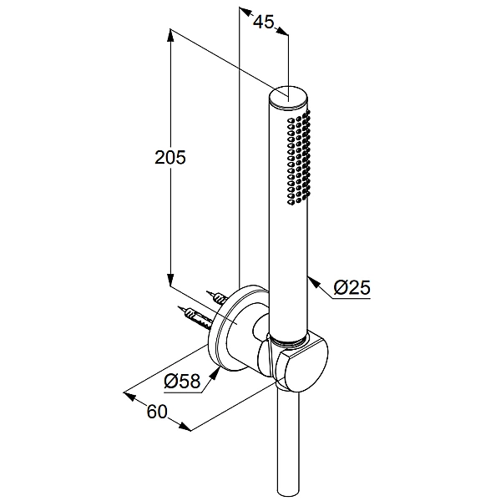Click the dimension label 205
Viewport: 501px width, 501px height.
170,157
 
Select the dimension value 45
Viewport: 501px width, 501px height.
264,22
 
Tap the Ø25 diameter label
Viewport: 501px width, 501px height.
352,287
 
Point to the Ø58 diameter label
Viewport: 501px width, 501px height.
182,381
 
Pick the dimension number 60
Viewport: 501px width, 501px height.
157,412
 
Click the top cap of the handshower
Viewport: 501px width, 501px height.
289,96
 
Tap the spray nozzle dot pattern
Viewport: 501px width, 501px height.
299,157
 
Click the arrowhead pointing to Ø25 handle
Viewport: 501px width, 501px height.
314,283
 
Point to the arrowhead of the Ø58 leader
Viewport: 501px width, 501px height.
215,373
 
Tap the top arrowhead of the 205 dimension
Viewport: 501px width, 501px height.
170,36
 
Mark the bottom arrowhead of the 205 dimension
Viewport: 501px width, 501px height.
170,279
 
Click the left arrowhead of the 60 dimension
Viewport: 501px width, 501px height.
129,396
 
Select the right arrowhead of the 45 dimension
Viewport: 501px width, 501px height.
282,31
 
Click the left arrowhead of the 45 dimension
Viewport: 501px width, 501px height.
245,12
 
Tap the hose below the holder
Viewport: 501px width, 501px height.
288,445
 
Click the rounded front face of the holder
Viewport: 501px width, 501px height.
301,365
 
